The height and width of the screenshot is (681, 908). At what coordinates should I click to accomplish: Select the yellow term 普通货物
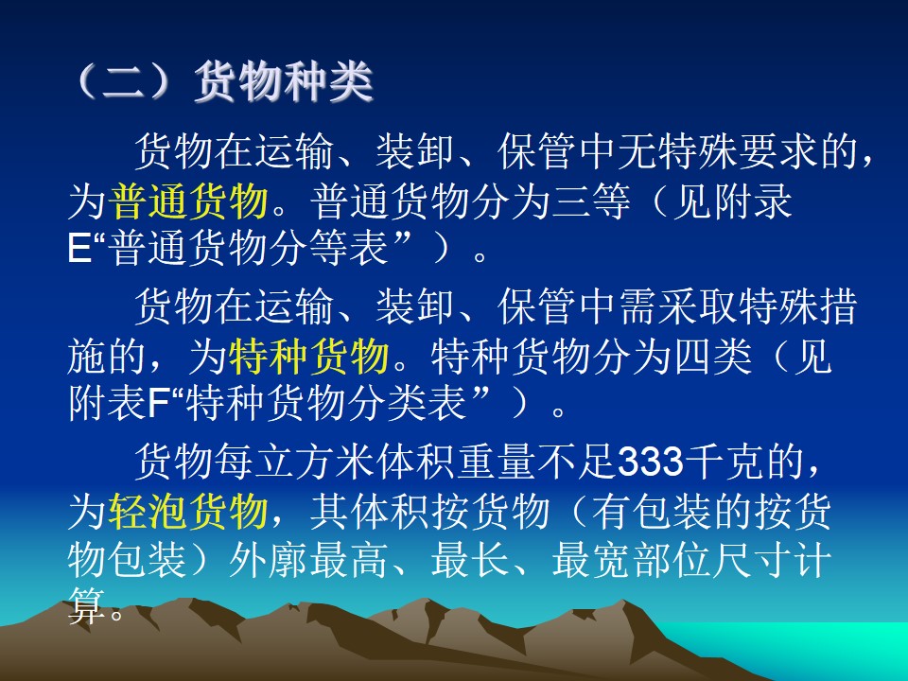[188, 201]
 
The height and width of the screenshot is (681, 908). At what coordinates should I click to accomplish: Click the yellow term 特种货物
[308, 357]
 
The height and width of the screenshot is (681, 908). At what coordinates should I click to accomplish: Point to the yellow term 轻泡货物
[188, 512]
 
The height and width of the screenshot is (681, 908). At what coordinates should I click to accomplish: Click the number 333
[651, 462]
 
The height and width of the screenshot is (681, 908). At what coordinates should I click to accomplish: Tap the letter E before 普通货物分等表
[79, 249]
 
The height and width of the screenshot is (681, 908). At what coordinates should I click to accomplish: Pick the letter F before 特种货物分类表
[158, 404]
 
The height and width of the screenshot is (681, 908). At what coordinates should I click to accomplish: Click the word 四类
[712, 357]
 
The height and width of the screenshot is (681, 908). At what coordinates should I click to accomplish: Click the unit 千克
[725, 462]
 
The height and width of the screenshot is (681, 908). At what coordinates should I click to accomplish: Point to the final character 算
[87, 605]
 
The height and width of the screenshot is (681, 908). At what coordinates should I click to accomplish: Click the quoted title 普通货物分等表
[249, 249]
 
